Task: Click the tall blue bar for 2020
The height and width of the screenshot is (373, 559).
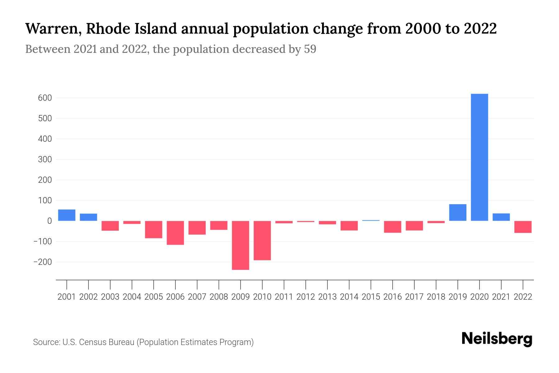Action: tap(479, 157)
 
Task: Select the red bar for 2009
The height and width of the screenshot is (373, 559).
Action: tap(240, 245)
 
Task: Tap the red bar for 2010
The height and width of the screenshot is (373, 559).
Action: tap(262, 240)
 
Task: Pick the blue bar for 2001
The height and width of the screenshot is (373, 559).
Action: tap(67, 215)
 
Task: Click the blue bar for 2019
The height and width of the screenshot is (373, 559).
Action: tap(457, 212)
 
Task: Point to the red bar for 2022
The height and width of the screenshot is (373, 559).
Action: tap(523, 227)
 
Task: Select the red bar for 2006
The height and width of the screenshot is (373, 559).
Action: tap(175, 233)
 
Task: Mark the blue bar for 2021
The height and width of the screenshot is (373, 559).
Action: tap(501, 217)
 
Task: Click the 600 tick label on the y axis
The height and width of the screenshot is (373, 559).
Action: tap(45, 98)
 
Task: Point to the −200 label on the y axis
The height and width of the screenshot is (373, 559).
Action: tap(43, 262)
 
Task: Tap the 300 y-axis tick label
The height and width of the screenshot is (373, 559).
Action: tap(45, 159)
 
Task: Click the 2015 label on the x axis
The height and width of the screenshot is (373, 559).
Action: tap(371, 297)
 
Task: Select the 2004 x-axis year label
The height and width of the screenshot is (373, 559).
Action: tap(132, 297)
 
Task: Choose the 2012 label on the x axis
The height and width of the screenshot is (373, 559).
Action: tap(306, 297)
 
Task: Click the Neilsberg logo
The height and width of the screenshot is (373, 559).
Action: tap(497, 339)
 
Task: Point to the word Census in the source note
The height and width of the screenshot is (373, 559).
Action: tap(92, 342)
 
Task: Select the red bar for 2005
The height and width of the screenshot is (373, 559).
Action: tap(153, 229)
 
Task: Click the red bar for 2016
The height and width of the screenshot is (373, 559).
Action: tap(392, 227)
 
